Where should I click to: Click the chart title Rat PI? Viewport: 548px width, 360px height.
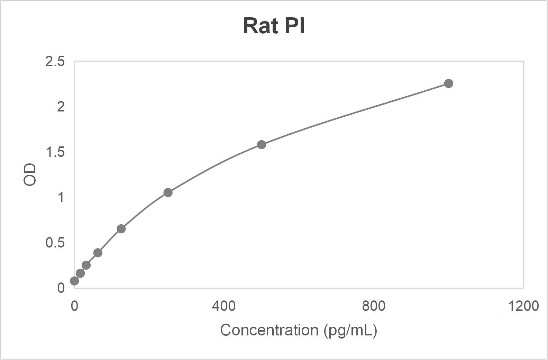[274, 26]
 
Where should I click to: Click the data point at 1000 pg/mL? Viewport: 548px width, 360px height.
[448, 83]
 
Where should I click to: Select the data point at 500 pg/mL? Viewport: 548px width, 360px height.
[262, 145]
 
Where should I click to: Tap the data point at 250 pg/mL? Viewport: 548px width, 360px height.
[168, 192]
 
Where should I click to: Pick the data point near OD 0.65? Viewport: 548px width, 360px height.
[121, 229]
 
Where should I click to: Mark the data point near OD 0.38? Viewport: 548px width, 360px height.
[98, 253]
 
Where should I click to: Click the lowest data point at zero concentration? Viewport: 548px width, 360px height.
[74, 281]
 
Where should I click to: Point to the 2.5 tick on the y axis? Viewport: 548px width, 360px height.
[55, 61]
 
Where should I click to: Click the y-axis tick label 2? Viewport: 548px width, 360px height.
[61, 107]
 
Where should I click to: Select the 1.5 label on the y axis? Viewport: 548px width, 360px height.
[55, 152]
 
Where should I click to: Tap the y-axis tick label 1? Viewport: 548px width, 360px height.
[61, 197]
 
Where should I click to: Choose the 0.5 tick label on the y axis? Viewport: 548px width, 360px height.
[55, 243]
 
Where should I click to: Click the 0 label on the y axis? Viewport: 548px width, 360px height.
[61, 288]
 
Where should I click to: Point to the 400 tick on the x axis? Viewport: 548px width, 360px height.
[224, 306]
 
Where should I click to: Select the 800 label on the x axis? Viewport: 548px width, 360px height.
[374, 306]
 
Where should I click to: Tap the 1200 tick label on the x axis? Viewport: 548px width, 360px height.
[523, 306]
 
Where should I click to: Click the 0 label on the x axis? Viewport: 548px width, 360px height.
[74, 306]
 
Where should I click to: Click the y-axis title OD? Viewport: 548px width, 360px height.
[30, 174]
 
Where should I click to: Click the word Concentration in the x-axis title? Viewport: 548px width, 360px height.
[269, 330]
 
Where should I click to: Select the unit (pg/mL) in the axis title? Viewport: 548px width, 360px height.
[350, 331]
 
